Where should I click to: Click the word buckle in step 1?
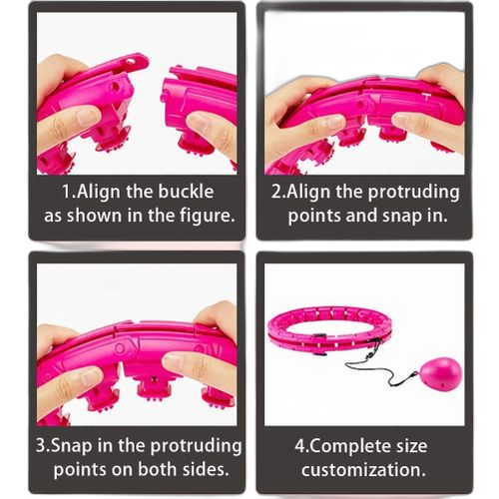(186, 192)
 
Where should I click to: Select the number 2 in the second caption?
(276, 192)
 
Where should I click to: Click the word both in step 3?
(157, 469)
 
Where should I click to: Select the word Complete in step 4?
(351, 446)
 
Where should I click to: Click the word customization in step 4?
(363, 470)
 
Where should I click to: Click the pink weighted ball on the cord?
(441, 373)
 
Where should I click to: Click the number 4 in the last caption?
(299, 446)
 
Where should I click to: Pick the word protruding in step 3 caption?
(197, 446)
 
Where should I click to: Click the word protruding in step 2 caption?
(413, 193)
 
